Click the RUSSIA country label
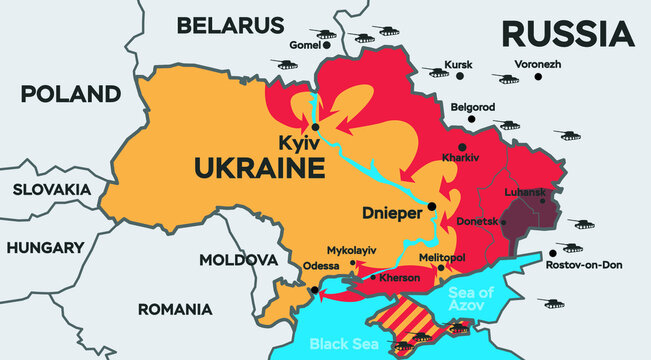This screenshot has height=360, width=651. point(567,33)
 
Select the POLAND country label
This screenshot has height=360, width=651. point(70,95)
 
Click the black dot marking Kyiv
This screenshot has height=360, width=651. point(315,127)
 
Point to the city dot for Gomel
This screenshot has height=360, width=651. point(327,44)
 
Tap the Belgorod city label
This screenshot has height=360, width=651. point(473,106)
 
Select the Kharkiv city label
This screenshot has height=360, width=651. point(462,158)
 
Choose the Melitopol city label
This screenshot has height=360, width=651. point(442,257)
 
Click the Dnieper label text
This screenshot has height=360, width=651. point(389,212)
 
